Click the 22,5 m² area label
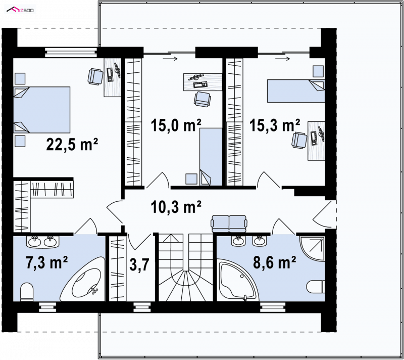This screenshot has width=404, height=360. coord(72,145)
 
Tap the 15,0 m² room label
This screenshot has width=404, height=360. coord(176,125)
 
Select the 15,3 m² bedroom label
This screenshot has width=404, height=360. coord(275,125)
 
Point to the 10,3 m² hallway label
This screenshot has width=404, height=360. coord(176,207)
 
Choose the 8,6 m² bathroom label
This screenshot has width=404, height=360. coord(275,262)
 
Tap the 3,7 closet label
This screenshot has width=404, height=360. coord(139,265)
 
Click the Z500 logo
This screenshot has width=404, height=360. coord(20,10)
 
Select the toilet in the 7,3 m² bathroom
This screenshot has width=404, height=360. coord(27,292)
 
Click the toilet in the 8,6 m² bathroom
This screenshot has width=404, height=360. coord(316,286)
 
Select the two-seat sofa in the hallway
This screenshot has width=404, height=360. coord(229,224)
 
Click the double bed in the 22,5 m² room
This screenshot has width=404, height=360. coord(42,110)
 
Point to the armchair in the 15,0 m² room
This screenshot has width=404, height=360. coord(203,99)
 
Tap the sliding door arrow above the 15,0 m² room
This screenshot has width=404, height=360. coord(170,59)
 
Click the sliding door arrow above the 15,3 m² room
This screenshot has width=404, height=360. coord(282,59)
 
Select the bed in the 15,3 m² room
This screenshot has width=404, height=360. coord(296,91)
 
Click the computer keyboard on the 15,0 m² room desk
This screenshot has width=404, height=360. coord(200,84)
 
